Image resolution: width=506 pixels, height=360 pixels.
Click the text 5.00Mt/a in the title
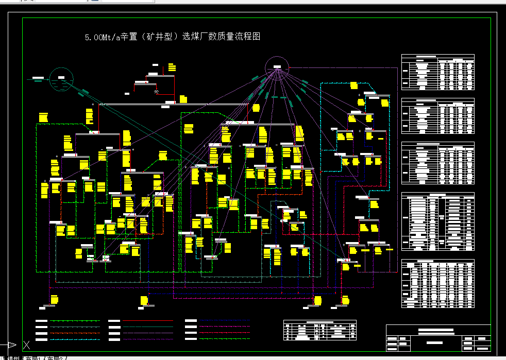tap(102, 37)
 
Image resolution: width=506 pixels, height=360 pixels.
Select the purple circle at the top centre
tap(277, 67)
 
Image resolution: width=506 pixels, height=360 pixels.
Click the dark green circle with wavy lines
tap(61, 79)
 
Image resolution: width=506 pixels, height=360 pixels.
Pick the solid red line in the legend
tap(148, 320)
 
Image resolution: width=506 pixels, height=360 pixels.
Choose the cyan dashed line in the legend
tap(75, 339)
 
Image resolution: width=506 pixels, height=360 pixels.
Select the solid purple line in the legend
tap(148, 333)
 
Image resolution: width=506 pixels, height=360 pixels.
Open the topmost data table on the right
tap(437, 72)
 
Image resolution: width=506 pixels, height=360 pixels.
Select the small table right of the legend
tap(319, 330)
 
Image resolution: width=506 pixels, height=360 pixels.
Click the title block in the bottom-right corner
tap(438, 337)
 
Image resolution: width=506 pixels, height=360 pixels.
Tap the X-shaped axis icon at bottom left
tap(26, 345)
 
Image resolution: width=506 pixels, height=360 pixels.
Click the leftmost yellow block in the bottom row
tap(54, 300)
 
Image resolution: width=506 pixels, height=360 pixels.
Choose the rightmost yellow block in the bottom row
tap(345, 300)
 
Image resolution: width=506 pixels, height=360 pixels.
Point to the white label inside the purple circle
tap(277, 67)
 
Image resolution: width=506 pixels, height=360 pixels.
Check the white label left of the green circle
tap(38, 78)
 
